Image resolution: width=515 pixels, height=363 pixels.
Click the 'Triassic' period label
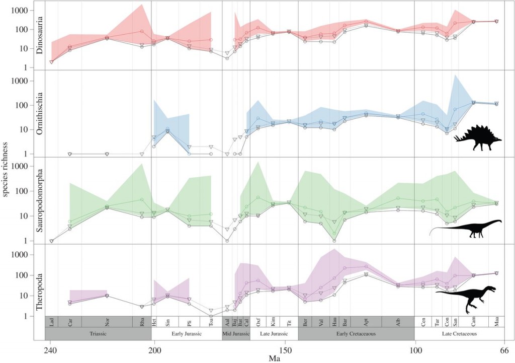[98, 333]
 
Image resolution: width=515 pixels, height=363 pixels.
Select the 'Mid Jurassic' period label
[236, 333]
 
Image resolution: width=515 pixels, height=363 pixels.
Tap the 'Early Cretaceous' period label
[356, 333]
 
